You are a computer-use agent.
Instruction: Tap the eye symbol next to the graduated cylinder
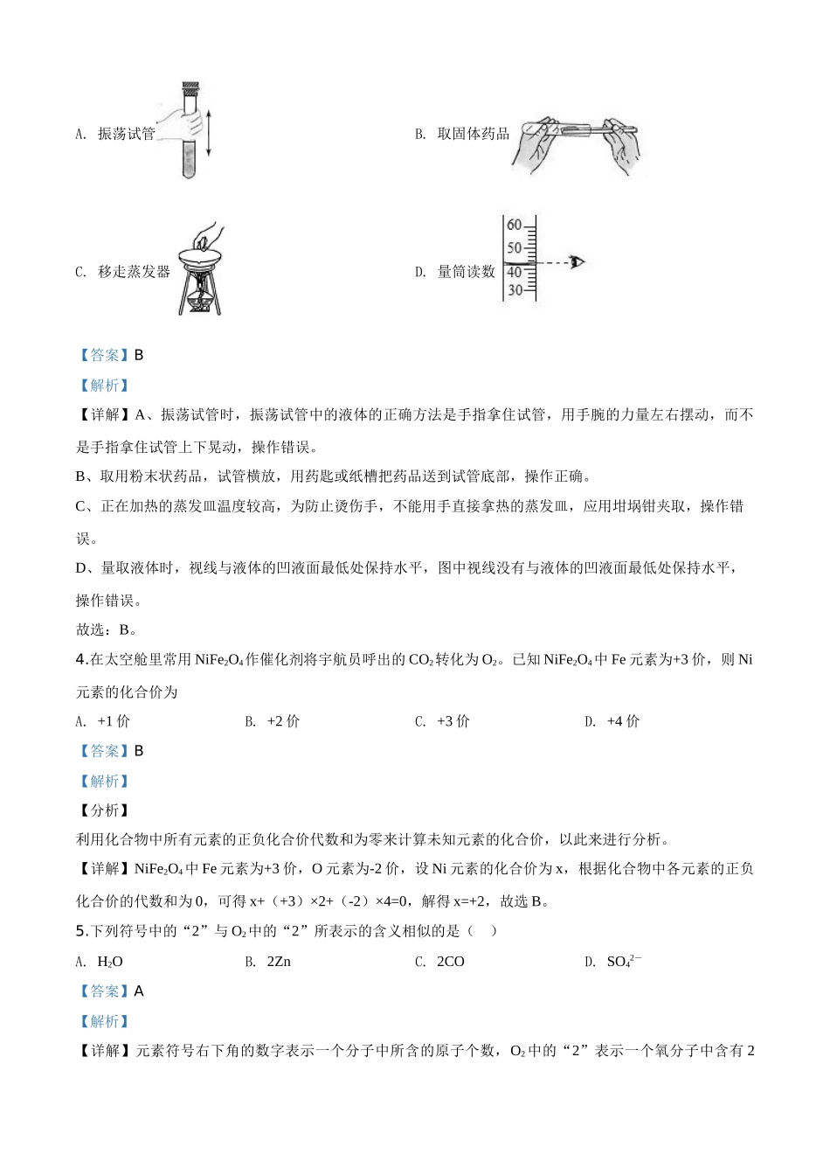point(576,261)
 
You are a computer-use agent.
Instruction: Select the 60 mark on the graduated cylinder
point(514,226)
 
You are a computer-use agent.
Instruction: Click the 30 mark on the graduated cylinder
point(515,290)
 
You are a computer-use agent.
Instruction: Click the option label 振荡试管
point(126,134)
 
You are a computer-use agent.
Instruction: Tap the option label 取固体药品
point(473,134)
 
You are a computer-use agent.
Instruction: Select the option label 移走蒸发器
point(134,272)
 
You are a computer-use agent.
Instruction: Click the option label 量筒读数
point(466,272)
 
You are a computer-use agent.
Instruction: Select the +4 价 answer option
point(623,721)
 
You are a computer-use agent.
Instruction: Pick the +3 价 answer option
point(453,721)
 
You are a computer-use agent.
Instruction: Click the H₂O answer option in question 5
point(110,962)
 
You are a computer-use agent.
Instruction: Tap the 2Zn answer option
point(279,962)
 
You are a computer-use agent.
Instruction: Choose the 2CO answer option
point(451,962)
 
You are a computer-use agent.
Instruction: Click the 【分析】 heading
point(103,810)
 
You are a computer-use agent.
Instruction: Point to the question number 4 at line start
point(80,660)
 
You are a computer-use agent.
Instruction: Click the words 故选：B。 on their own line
point(107,629)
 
